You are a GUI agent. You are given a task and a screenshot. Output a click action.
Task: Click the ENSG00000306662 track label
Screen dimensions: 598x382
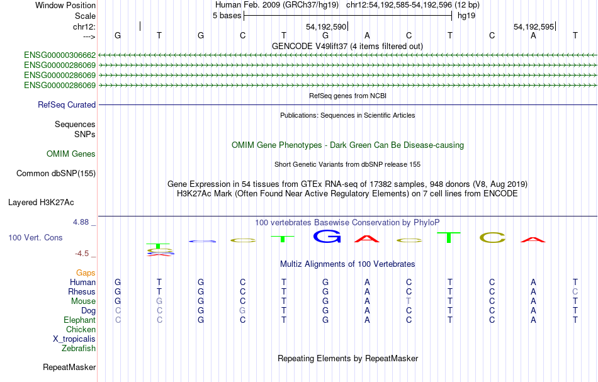point(60,55)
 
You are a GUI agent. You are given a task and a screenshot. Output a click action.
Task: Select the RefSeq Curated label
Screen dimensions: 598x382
point(67,105)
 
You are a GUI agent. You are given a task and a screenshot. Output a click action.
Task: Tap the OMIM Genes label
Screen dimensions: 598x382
point(71,154)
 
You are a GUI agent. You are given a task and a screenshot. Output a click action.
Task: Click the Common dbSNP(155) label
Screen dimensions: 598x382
point(56,174)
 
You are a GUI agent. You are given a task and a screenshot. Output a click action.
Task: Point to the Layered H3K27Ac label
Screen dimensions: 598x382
point(41,203)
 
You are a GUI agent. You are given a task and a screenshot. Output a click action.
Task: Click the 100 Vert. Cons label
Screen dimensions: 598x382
point(35,237)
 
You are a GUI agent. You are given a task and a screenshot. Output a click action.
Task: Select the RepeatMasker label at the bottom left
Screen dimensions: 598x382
point(69,367)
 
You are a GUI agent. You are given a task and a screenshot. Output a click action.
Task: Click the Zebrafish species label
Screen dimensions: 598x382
point(79,349)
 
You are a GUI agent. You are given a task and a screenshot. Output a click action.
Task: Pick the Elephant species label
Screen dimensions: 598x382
point(80,320)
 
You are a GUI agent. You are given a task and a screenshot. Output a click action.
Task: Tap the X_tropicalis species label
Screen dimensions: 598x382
point(74,339)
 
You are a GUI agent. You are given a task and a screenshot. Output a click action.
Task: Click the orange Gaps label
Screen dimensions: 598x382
point(86,273)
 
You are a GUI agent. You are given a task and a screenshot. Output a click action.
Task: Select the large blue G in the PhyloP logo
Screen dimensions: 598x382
point(327,237)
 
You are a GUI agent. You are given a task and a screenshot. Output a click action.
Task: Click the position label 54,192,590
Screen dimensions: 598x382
point(326,26)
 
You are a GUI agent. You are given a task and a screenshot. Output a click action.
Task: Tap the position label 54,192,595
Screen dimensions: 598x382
point(534,26)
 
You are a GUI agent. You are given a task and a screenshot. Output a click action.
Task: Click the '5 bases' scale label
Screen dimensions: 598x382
point(227,16)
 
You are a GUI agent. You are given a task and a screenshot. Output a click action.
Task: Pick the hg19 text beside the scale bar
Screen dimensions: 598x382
point(466,16)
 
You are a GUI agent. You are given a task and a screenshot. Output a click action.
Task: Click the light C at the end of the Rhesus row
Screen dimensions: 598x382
point(575,291)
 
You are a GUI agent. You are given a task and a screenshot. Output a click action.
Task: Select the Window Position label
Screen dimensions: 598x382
point(65,5)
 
